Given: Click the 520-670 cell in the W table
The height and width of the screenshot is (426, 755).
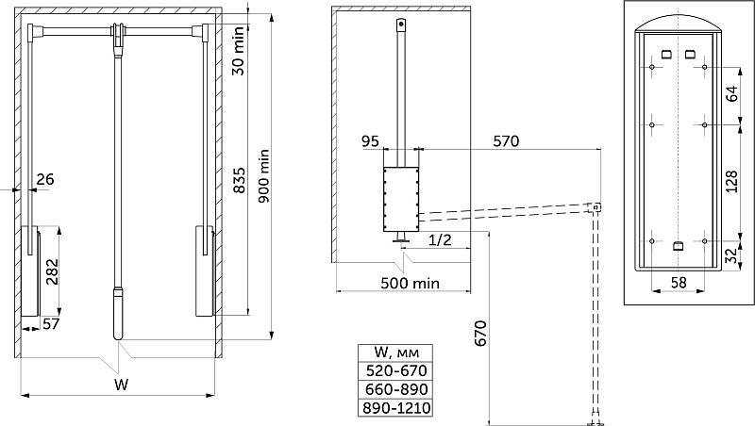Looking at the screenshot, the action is click(x=395, y=370).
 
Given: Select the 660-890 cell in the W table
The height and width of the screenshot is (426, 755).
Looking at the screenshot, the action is click(x=395, y=389).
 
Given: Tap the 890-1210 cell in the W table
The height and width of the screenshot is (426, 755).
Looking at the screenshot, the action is click(x=395, y=408).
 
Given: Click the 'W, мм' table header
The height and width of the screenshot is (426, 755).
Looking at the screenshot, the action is click(x=395, y=352).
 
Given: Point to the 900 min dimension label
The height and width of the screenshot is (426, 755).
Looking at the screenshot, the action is click(x=264, y=176).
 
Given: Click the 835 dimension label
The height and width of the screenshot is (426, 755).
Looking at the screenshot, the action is click(x=239, y=180).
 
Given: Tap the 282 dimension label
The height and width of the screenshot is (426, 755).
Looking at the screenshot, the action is click(x=52, y=271).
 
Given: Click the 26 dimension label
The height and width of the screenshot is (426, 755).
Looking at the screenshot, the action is click(x=45, y=179).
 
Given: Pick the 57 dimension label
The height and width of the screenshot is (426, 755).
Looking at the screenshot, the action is click(x=51, y=323).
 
